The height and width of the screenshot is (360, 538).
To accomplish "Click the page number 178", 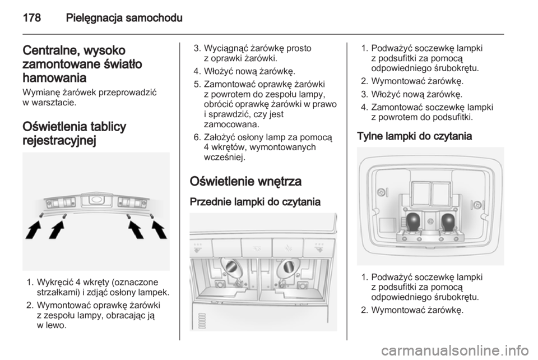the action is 31,17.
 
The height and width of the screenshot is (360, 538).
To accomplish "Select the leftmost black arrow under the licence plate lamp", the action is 34,229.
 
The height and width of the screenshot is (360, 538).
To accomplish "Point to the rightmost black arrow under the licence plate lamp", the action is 159,229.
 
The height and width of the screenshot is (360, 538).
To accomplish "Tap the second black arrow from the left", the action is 57,229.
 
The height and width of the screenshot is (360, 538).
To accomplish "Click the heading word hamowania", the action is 54,78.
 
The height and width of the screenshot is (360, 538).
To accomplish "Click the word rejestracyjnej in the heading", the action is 59,140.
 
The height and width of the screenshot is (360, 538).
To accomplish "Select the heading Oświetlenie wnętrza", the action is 245,181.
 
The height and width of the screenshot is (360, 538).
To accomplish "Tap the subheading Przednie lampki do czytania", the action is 255,202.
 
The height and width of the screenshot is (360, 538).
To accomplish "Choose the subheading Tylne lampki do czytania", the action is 415,136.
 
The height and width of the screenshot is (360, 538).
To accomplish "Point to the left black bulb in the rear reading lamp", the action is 414,221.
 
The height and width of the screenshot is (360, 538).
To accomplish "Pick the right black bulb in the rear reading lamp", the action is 448,221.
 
